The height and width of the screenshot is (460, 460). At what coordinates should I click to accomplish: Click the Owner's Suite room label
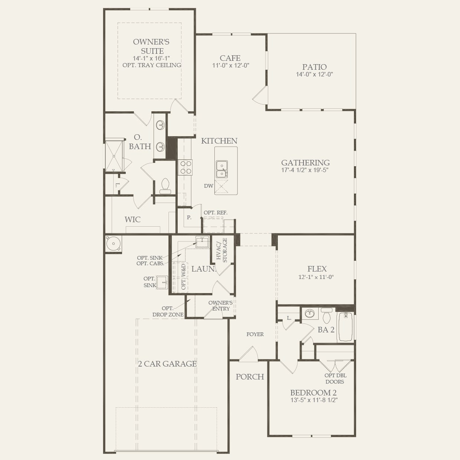click(152, 46)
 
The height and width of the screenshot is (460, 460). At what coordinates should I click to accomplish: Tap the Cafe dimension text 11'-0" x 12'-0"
click(231, 65)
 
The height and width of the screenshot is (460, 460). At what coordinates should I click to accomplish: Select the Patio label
click(314, 67)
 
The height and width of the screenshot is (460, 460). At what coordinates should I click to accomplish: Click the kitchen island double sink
click(222, 169)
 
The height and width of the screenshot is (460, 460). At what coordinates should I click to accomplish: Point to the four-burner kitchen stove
click(185, 167)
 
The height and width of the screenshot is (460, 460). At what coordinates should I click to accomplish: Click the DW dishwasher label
click(208, 186)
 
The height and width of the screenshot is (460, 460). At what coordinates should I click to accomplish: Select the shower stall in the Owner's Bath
click(114, 156)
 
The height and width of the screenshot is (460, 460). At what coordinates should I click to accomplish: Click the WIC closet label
click(132, 219)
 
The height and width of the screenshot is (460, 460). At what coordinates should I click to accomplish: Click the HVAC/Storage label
click(222, 250)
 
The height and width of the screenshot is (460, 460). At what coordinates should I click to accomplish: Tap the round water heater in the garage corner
click(114, 244)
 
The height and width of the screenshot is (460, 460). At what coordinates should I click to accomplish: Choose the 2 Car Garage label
click(167, 364)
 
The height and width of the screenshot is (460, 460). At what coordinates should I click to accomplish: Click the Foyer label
click(255, 334)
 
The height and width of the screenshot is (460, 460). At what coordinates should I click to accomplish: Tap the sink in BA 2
click(310, 313)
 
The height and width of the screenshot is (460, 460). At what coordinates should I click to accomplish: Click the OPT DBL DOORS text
click(335, 379)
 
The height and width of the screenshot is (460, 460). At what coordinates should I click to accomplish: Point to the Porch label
click(250, 377)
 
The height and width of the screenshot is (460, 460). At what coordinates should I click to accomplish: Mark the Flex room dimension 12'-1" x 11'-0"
click(316, 277)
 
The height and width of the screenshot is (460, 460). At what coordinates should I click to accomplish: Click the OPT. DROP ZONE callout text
click(168, 312)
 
